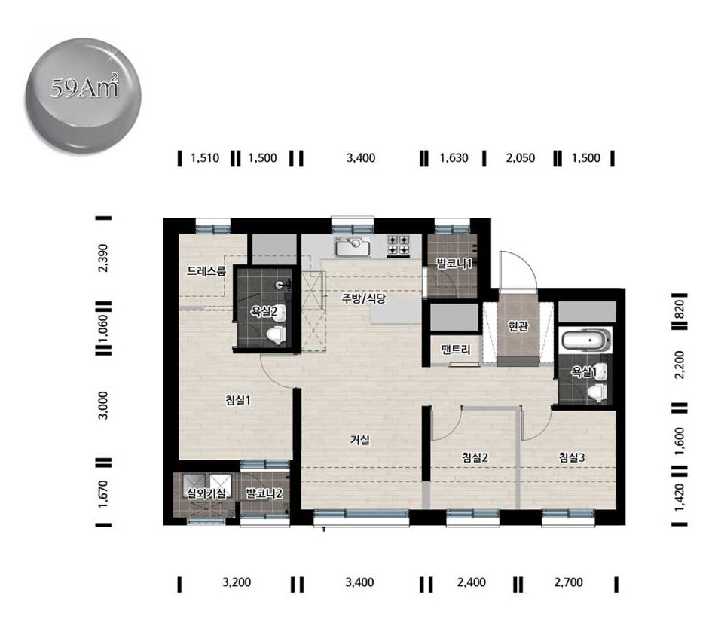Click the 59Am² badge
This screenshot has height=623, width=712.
(x=83, y=96)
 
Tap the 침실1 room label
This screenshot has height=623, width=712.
(x=238, y=400)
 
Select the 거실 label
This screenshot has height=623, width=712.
(x=359, y=439)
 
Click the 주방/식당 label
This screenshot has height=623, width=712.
(x=363, y=298)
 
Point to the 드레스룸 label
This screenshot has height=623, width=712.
(x=206, y=271)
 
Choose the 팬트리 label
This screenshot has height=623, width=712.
(x=455, y=350)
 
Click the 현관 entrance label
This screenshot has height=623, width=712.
(x=518, y=326)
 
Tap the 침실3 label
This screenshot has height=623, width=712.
(x=572, y=457)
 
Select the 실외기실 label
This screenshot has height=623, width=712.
(x=206, y=493)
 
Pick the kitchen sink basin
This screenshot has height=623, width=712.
(x=353, y=246)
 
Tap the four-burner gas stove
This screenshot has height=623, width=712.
(x=399, y=245)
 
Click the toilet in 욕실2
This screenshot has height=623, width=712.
(x=275, y=335)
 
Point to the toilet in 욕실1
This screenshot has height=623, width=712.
(x=596, y=392)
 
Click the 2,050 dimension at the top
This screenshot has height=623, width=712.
(x=521, y=158)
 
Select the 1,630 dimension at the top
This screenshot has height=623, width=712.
(x=454, y=158)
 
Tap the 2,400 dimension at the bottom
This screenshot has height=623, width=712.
(x=472, y=582)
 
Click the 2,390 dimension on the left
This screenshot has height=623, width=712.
(x=103, y=258)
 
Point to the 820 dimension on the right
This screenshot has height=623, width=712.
(x=680, y=309)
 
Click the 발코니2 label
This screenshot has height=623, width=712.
(x=264, y=493)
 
